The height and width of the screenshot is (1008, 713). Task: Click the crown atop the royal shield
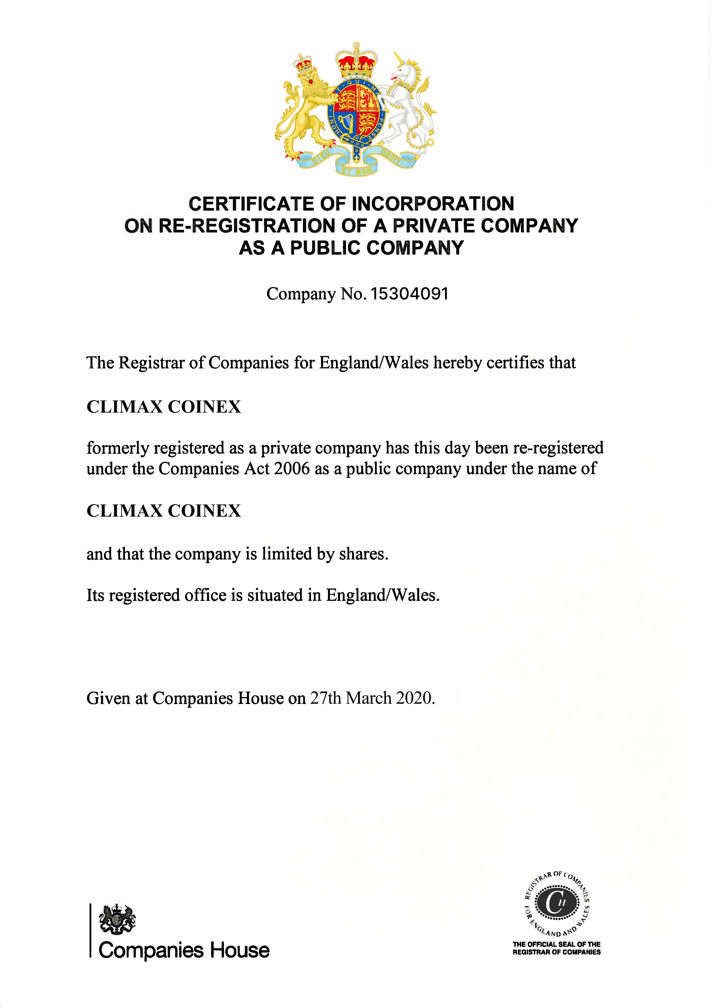tap(356, 61)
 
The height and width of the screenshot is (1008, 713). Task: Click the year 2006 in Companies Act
tap(291, 469)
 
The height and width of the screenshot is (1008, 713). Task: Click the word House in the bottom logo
tap(239, 951)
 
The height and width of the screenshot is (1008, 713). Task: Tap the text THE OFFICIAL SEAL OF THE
tap(556, 944)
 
